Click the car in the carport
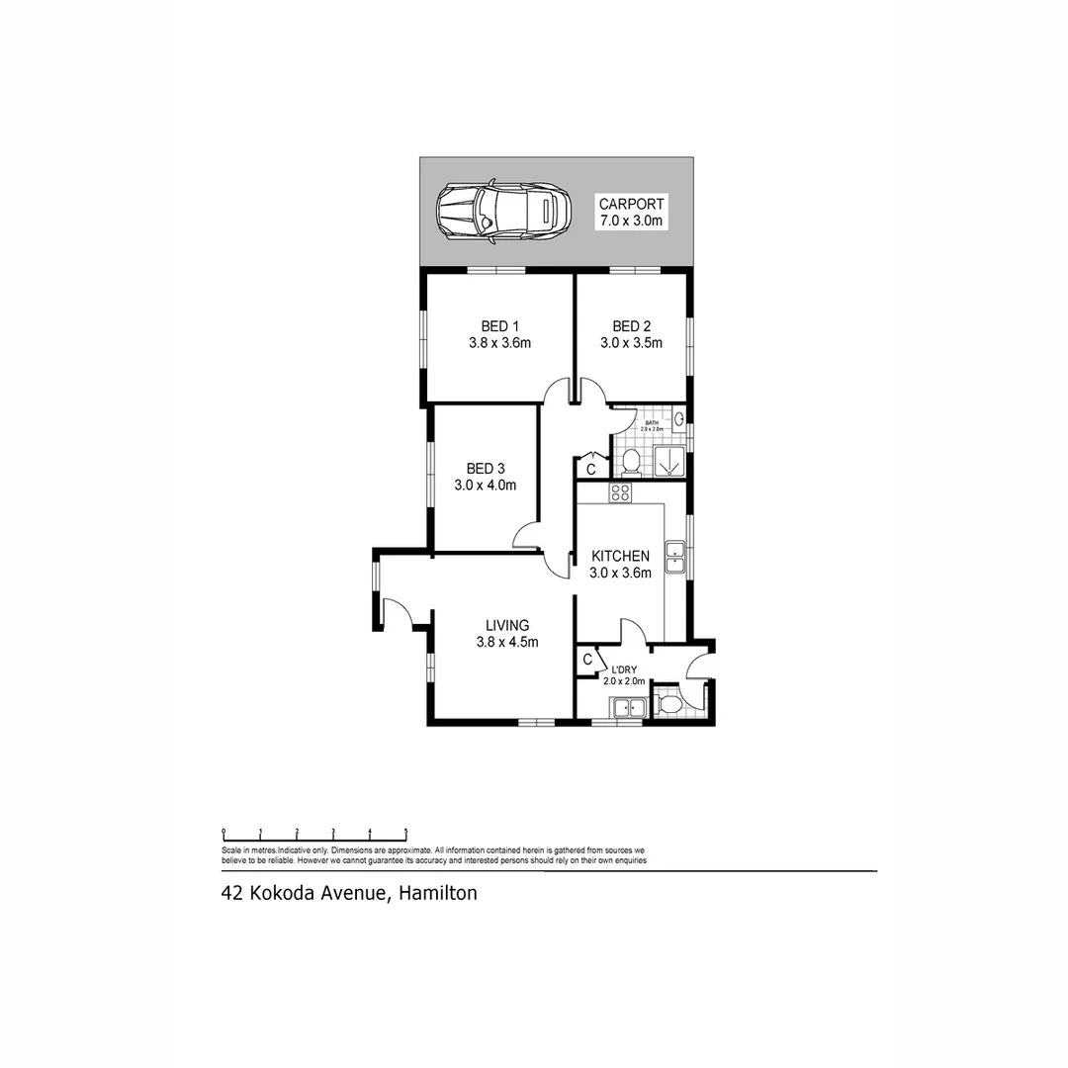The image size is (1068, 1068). tap(504, 211)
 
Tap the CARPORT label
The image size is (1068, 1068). tap(631, 205)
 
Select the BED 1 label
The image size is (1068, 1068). tap(500, 326)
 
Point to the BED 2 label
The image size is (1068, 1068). tap(631, 326)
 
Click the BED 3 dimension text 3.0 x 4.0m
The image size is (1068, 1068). tap(486, 486)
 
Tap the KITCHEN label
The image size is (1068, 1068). tap(620, 556)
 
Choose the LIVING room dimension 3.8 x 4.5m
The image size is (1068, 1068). tap(506, 642)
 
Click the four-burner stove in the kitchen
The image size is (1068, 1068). tap(620, 492)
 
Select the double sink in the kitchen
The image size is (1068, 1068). tap(676, 556)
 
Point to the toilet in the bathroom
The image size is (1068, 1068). tap(630, 460)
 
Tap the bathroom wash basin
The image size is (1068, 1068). tap(679, 420)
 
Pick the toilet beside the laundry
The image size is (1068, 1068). tap(669, 704)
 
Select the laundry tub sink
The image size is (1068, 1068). tap(627, 707)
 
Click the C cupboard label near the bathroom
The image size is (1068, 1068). tap(590, 468)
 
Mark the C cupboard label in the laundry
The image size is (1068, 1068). tap(587, 660)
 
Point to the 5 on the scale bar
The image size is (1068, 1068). tap(405, 832)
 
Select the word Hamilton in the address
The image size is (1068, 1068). tap(440, 893)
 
